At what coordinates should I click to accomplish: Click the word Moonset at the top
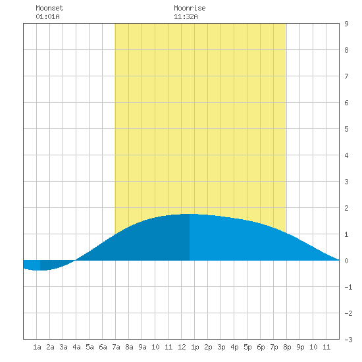pyautogui.click(x=49, y=8)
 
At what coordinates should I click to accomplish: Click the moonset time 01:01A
pyautogui.click(x=47, y=16)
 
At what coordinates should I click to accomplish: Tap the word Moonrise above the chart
pyautogui.click(x=190, y=8)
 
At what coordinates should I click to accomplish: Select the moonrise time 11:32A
pyautogui.click(x=186, y=16)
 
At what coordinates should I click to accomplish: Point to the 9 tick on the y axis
pyautogui.click(x=346, y=24)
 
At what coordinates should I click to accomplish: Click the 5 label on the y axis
pyautogui.click(x=346, y=129)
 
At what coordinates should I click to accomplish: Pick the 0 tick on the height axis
pyautogui.click(x=346, y=261)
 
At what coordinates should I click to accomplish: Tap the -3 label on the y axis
pyautogui.click(x=348, y=340)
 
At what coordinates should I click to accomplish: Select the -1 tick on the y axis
pyautogui.click(x=348, y=287)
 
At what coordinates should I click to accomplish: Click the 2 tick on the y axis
pyautogui.click(x=346, y=208)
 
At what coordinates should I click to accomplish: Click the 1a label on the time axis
pyautogui.click(x=37, y=347)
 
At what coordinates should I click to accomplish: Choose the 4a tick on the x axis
pyautogui.click(x=76, y=347)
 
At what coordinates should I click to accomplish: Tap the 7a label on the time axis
pyautogui.click(x=116, y=347)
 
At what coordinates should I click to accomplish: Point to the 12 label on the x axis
pyautogui.click(x=182, y=347)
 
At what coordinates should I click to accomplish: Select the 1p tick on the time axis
pyautogui.click(x=195, y=347)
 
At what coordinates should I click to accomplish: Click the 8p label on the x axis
pyautogui.click(x=287, y=347)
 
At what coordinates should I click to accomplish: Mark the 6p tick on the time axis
pyautogui.click(x=261, y=347)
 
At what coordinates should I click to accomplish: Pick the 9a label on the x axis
pyautogui.click(x=142, y=347)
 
